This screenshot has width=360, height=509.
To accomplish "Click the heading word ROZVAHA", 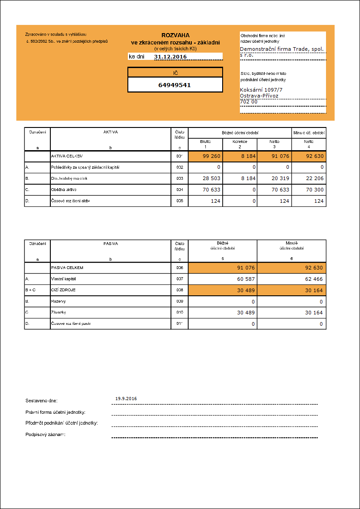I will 175,35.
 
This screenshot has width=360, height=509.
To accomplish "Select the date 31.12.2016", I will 170,57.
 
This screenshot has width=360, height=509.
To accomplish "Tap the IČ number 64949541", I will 175,85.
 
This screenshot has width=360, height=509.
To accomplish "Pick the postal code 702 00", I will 248,102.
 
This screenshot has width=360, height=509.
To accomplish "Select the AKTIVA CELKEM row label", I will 68,157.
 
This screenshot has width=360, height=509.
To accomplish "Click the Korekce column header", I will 240,142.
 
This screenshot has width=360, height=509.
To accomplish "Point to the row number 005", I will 180,201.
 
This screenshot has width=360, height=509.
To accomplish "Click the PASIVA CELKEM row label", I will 67,268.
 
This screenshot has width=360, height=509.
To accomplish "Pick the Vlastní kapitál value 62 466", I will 314,279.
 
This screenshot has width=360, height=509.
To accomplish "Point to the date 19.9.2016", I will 126,398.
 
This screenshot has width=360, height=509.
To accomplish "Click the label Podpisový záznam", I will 45,435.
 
